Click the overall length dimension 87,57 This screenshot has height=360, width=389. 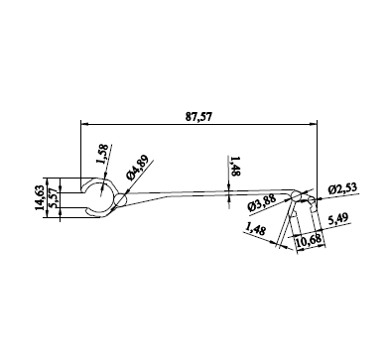pyautogui.click(x=198, y=117)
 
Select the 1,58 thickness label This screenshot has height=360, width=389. pyautogui.click(x=102, y=154)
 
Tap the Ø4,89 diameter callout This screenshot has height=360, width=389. pyautogui.click(x=138, y=168)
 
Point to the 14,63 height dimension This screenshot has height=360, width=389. pyautogui.click(x=40, y=198)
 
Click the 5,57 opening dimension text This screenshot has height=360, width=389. pyautogui.click(x=54, y=200)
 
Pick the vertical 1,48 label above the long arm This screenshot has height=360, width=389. pyautogui.click(x=235, y=167)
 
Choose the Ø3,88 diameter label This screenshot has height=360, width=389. pyautogui.click(x=261, y=202)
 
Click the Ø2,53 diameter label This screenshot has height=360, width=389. pyautogui.click(x=342, y=188)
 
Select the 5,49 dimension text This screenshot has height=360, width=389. pyautogui.click(x=337, y=219)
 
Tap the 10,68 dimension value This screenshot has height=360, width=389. pyautogui.click(x=309, y=241)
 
